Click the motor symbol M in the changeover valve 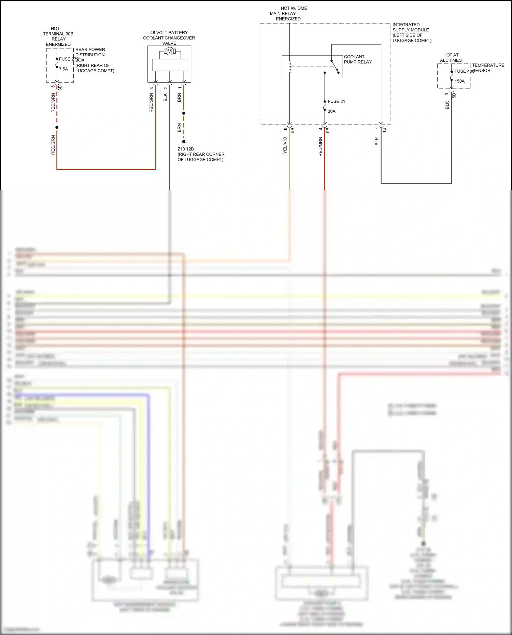coord(169,52)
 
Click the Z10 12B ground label coord(186,149)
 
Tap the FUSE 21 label coord(336,101)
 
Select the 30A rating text coord(331,111)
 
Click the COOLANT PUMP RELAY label coord(357,59)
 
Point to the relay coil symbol coord(290,67)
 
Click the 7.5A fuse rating coord(63,69)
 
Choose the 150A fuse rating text coord(459,81)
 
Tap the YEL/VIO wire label coord(285,145)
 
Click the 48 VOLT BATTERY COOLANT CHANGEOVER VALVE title coord(169,38)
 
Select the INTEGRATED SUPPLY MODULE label coord(411,32)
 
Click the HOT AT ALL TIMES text coord(451,58)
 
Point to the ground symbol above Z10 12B coord(184,142)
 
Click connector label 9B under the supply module coord(328,130)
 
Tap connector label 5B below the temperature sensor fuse coord(454,96)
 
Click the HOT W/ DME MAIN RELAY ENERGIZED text coord(288,14)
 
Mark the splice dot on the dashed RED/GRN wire coord(57,127)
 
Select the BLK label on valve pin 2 coord(166,98)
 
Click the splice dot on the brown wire coord(184,113)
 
